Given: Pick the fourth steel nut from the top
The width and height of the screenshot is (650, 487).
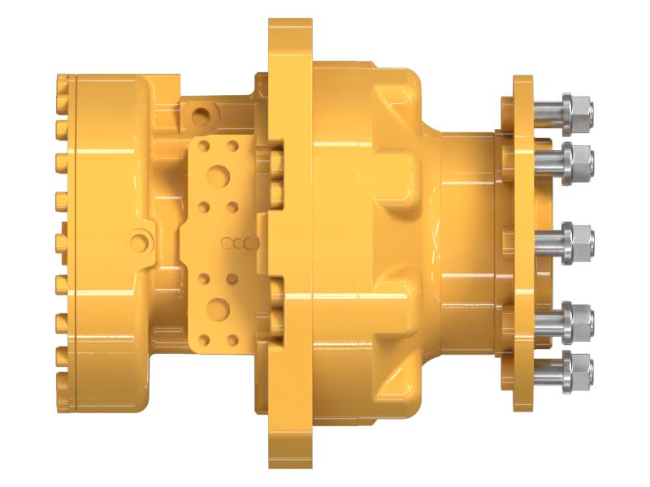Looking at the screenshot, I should (579, 314).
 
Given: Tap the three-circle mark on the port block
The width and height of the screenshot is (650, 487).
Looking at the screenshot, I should (240, 242).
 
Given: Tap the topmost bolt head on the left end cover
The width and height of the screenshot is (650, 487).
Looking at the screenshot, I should (59, 83).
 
